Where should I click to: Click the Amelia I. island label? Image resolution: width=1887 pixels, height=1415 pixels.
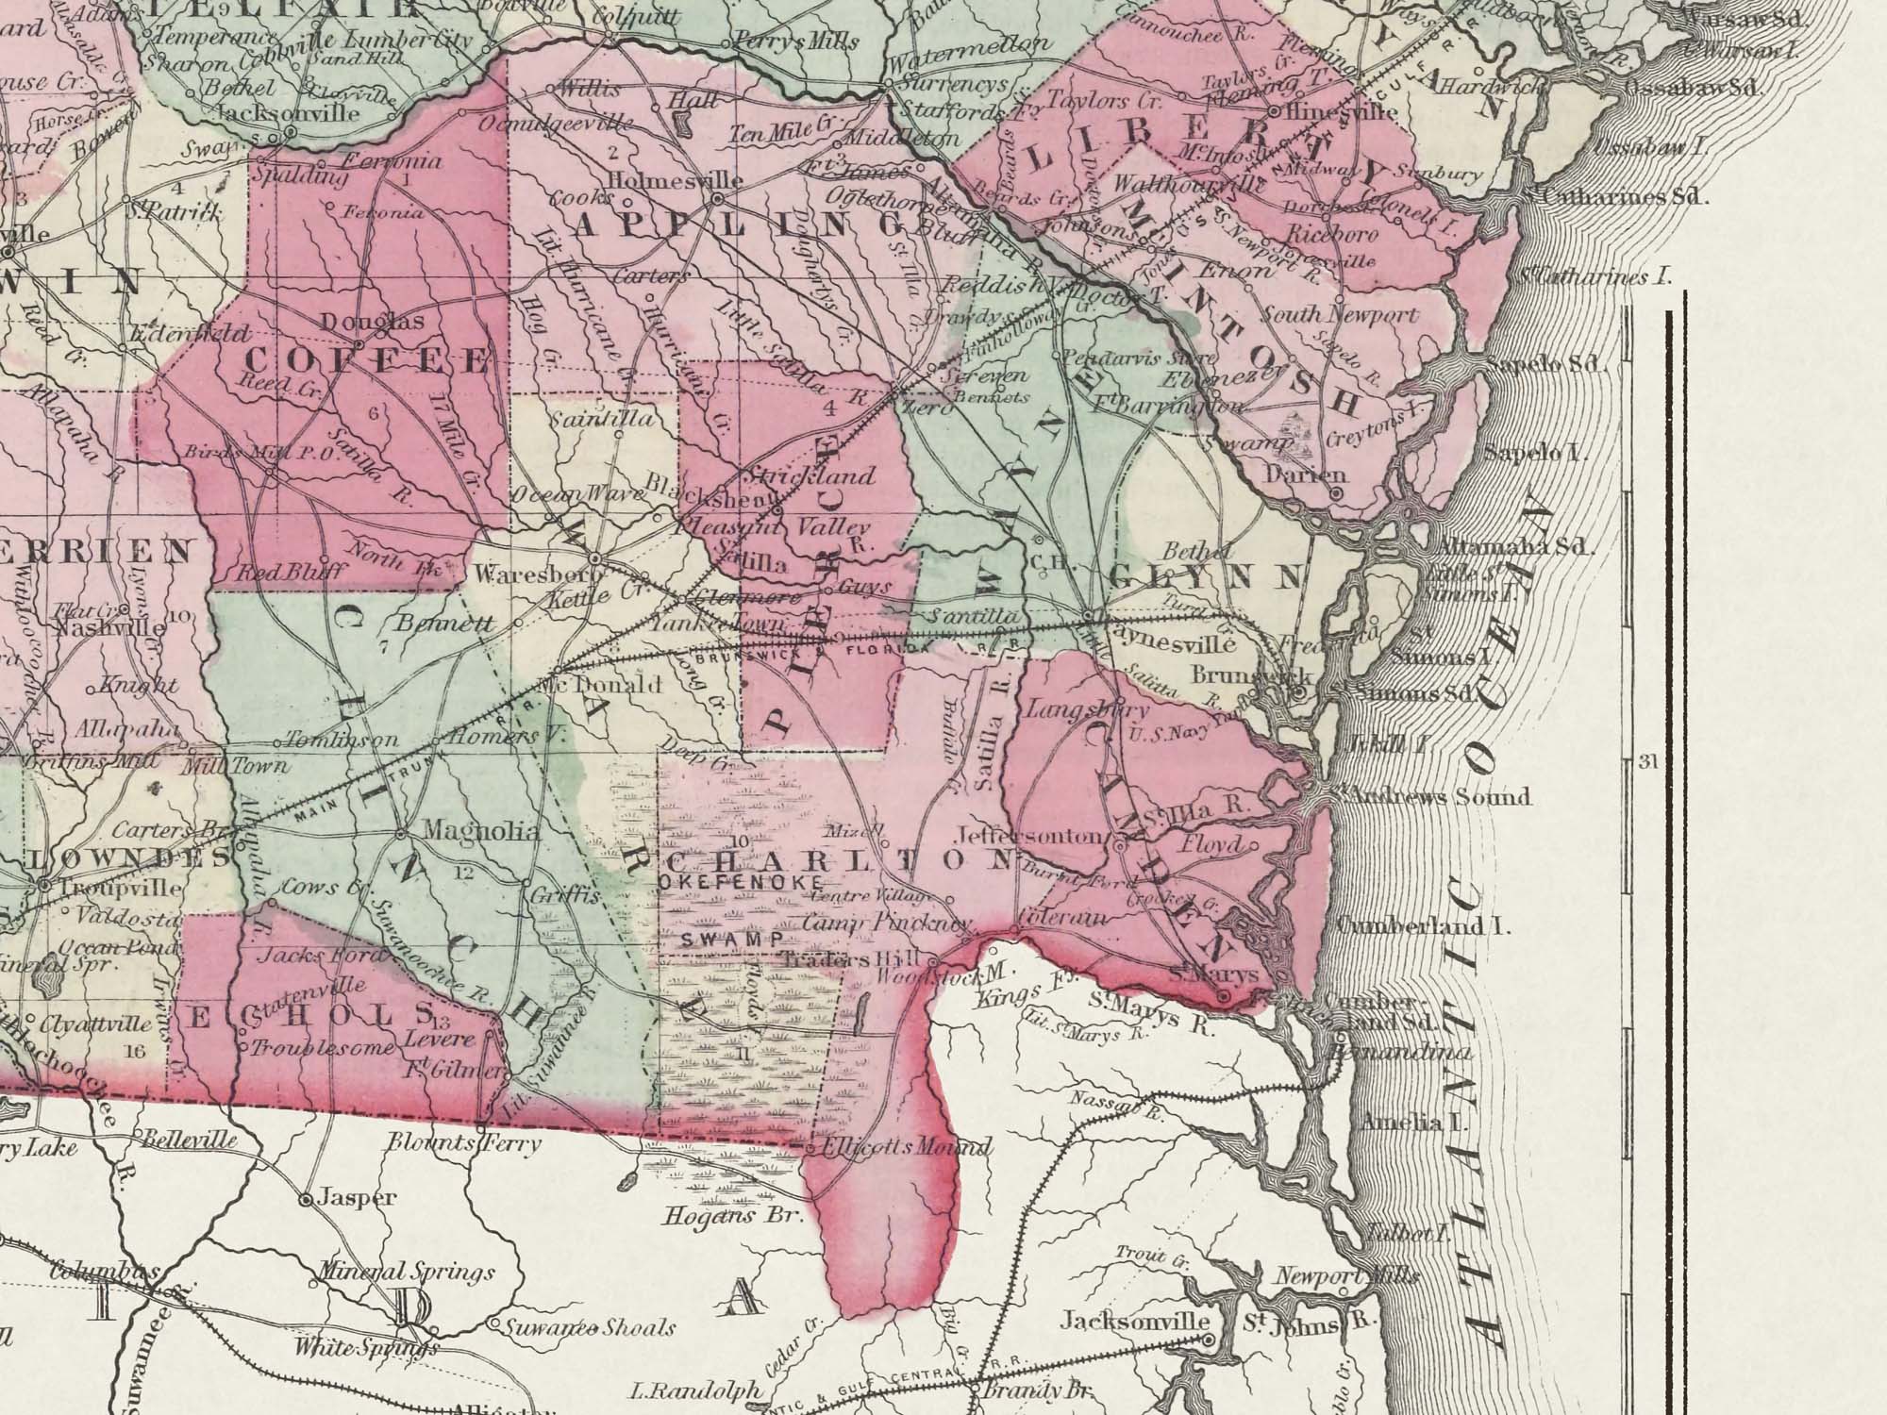pos(1402,1123)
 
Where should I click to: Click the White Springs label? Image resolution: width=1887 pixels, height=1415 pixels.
pos(366,1347)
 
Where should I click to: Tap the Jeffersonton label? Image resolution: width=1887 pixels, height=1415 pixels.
pos(1029,836)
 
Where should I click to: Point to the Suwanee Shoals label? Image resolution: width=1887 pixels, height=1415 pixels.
pos(589,1328)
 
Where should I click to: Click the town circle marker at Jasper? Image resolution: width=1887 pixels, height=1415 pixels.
pos(306,1201)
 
